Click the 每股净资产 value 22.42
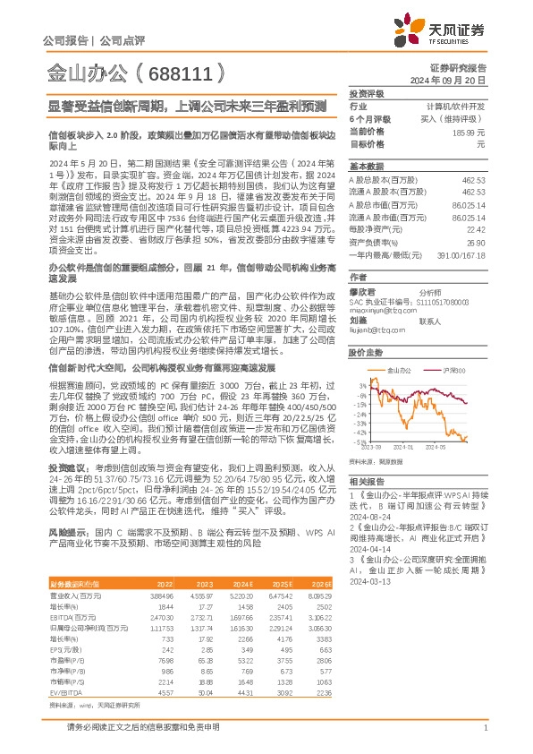pyautogui.click(x=476, y=227)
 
